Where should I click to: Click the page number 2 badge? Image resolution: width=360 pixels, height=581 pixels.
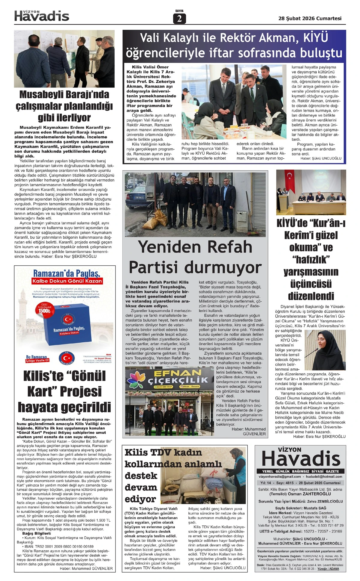point(179,19)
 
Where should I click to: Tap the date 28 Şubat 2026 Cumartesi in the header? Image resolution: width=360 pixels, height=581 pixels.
point(310,18)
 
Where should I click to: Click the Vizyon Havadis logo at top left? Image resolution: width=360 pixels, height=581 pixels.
point(42,16)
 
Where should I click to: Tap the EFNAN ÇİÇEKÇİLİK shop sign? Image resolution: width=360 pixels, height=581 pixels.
point(169,378)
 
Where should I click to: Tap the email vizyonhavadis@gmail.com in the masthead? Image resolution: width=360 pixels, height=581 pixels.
point(280,476)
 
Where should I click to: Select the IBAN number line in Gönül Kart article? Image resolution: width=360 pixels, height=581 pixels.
point(59,547)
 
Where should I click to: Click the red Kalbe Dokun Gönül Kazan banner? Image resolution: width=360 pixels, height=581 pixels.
point(67,281)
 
